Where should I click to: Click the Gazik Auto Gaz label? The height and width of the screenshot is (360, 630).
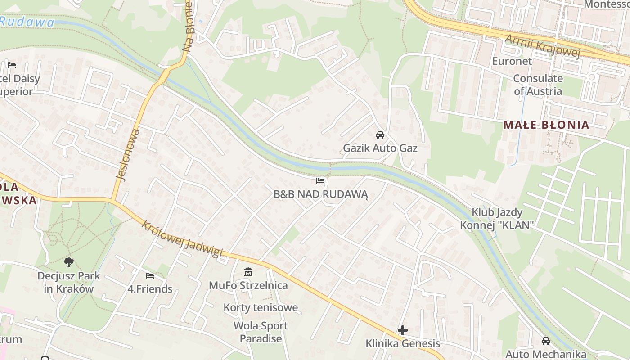380,148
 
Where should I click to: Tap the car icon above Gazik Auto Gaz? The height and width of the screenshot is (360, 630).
380,135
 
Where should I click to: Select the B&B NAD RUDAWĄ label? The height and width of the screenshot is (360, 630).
321,194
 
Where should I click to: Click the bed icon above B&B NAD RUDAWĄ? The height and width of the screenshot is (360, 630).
320,181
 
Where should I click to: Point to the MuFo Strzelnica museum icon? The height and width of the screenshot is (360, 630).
248,272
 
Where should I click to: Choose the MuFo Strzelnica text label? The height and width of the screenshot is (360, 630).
248,285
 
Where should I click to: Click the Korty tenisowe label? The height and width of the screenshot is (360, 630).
261,308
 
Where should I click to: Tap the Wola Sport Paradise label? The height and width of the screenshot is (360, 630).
261,332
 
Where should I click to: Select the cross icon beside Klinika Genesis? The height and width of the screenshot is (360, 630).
403,330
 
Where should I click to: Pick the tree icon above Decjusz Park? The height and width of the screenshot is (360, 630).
69,262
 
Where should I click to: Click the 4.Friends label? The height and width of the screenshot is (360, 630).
150,289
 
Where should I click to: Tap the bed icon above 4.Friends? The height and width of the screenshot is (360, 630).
150,275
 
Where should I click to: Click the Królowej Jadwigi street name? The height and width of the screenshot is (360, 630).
182,239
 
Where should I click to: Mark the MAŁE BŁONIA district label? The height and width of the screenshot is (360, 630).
546,125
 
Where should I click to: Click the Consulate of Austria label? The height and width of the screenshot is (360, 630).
538,85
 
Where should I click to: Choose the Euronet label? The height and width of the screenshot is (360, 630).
512,61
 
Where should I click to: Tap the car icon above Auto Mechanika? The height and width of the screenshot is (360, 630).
546,341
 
